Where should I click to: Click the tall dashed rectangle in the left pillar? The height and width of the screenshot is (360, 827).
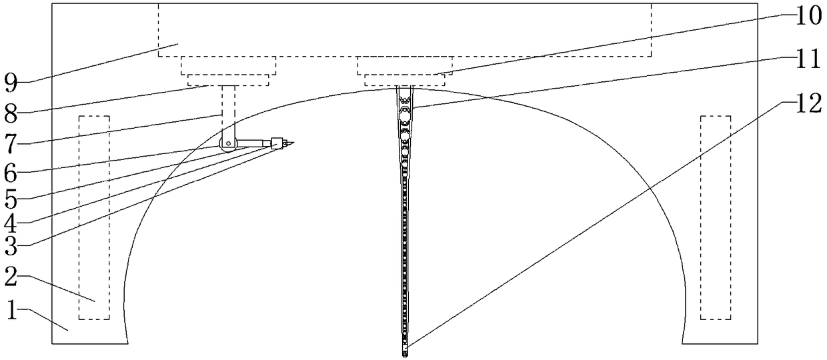pos(94,217)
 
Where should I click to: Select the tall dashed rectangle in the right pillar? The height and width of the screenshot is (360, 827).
pos(715,217)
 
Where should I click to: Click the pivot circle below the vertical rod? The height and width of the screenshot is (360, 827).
pos(228,143)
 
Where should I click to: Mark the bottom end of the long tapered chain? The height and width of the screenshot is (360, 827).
pos(405,353)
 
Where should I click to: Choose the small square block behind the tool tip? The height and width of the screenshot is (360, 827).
pos(275,142)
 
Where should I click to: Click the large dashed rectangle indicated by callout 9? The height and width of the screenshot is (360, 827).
pos(404,30)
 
